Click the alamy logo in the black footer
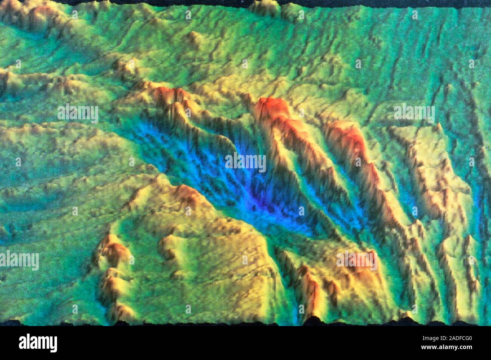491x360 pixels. [38, 343]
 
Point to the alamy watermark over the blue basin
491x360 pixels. [246, 162]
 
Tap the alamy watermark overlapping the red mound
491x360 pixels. [357, 260]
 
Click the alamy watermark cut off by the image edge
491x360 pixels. [19, 260]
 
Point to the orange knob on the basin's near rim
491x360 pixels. [187, 192]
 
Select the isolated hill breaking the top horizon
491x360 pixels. [264, 6]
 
